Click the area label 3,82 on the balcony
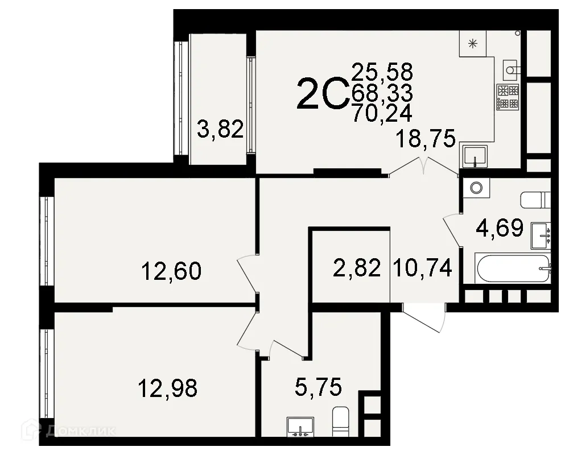pos(220,130)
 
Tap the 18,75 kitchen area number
pos(427,138)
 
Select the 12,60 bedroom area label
pos(171,271)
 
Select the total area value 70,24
pos(382,113)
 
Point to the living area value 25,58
pos(382,72)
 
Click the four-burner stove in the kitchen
pos(508,97)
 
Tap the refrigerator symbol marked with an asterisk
pos(473,43)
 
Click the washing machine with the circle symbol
pos(476,186)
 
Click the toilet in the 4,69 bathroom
pos(535,200)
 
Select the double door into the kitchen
pos(424,165)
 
